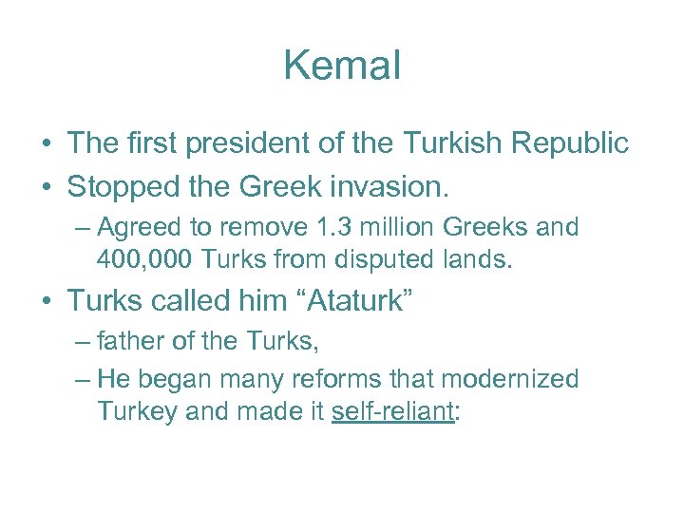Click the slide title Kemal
coord(342,66)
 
